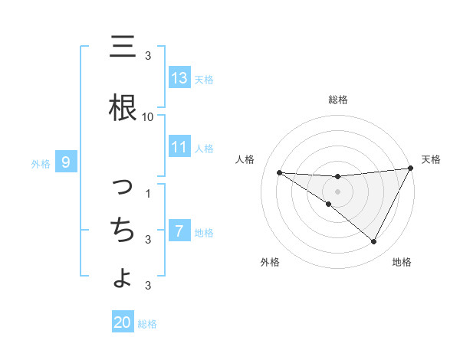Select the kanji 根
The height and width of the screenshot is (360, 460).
click(122, 107)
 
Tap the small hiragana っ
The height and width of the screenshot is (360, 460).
click(123, 187)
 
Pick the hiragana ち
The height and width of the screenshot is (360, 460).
click(122, 228)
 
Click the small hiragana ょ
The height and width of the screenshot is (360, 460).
click(123, 277)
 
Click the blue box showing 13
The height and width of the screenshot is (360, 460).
click(179, 78)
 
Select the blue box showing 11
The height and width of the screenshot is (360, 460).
click(179, 147)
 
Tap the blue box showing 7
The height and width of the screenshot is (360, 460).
click(179, 231)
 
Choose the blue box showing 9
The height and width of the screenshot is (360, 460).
click(66, 162)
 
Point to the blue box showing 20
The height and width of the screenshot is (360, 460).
click(123, 322)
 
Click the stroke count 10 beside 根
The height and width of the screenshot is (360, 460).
click(147, 117)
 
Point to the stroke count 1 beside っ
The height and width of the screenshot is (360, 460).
click(148, 193)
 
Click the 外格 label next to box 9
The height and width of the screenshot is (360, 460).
click(41, 163)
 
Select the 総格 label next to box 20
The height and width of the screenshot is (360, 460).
click(147, 324)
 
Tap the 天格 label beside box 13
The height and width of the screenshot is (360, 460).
click(204, 79)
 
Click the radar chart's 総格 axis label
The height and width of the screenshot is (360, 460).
click(337, 100)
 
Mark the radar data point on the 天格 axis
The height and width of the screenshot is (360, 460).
click(411, 169)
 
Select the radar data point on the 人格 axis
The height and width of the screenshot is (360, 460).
click(279, 172)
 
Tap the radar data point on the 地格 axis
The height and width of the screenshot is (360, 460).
click(374, 242)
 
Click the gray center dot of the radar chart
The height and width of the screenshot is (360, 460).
click(337, 191)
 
